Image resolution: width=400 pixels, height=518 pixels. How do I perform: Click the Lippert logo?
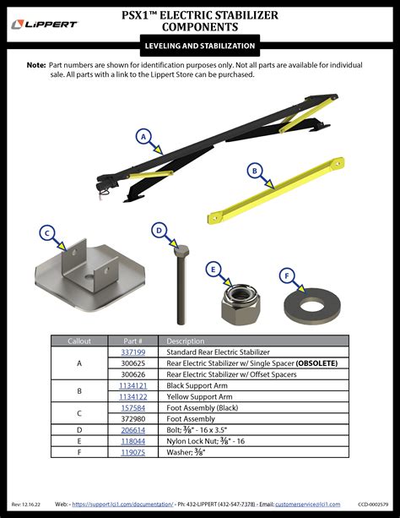44,25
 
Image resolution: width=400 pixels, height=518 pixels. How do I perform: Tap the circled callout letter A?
143,136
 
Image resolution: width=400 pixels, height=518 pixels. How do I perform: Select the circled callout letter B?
255,171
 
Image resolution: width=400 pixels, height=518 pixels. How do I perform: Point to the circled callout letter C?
47,233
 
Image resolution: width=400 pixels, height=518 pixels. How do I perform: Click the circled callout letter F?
287,275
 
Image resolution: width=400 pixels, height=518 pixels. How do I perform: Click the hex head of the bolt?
181,252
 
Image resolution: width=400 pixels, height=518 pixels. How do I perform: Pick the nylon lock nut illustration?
241,304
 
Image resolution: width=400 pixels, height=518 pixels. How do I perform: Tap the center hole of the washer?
312,305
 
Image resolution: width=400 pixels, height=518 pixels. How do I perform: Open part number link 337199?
133,352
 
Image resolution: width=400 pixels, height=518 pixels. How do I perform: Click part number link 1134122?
133,396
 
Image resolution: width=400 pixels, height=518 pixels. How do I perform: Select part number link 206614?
133,430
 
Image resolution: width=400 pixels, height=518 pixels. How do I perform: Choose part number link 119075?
133,452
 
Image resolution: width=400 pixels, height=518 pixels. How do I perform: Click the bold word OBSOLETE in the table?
316,363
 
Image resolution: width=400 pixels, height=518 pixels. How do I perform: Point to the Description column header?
186,341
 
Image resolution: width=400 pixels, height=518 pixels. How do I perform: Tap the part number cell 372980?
133,419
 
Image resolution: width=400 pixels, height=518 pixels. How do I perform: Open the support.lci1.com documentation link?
122,504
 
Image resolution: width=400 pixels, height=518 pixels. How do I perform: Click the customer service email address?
307,504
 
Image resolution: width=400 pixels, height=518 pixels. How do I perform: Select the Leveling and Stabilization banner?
200,46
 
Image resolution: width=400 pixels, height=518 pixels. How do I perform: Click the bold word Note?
36,65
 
